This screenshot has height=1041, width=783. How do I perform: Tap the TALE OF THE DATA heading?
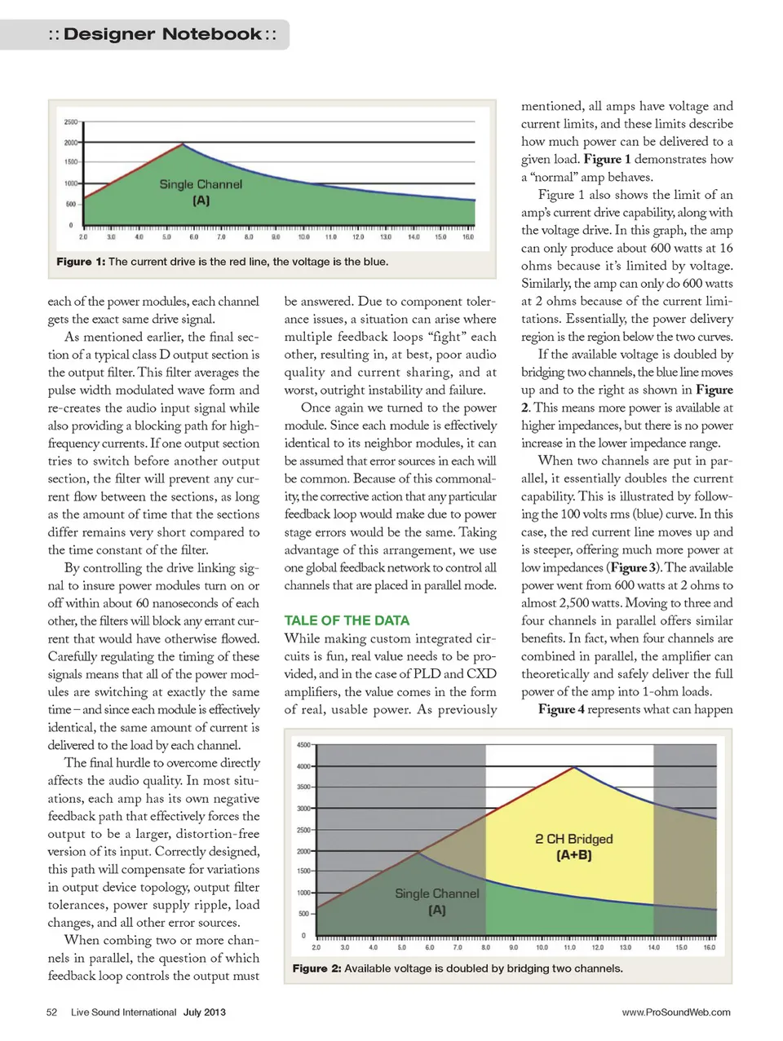347,620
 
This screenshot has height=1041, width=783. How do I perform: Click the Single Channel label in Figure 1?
201,184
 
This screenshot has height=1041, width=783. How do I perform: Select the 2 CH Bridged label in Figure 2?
574,839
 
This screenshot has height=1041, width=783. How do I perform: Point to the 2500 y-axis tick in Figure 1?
70,122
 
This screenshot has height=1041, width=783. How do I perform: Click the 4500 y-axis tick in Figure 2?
303,745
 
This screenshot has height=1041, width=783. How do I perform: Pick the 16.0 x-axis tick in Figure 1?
468,237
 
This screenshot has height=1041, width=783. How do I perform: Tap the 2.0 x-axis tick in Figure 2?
316,947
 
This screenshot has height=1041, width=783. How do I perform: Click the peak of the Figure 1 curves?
181,143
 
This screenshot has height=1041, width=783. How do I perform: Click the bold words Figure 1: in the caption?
81,262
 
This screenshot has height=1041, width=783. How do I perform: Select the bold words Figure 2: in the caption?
316,968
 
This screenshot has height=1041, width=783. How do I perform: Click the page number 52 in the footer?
51,1012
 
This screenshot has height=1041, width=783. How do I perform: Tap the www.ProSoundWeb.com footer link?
676,1012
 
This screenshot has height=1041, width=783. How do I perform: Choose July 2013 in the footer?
204,1012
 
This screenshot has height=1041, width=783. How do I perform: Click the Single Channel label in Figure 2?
437,893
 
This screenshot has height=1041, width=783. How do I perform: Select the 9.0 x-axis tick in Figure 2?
514,947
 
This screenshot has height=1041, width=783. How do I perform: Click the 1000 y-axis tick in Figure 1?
70,183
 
